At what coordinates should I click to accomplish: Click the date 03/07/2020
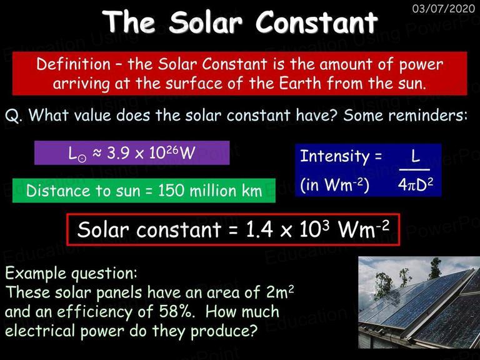(444, 8)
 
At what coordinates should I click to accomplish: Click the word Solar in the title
(206, 22)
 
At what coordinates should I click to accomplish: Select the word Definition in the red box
(73, 64)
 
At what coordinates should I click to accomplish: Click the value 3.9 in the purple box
(118, 152)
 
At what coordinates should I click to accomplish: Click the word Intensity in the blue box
(334, 156)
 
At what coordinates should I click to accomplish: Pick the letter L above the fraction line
(415, 156)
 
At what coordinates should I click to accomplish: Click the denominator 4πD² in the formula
(416, 184)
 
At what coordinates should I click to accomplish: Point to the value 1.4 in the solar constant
(259, 229)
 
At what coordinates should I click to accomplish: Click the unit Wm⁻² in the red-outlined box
(363, 229)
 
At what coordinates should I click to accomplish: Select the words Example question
(71, 273)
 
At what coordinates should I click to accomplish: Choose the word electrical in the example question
(40, 331)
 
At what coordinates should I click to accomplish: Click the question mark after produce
(253, 331)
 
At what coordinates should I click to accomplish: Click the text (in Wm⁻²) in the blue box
(334, 184)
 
